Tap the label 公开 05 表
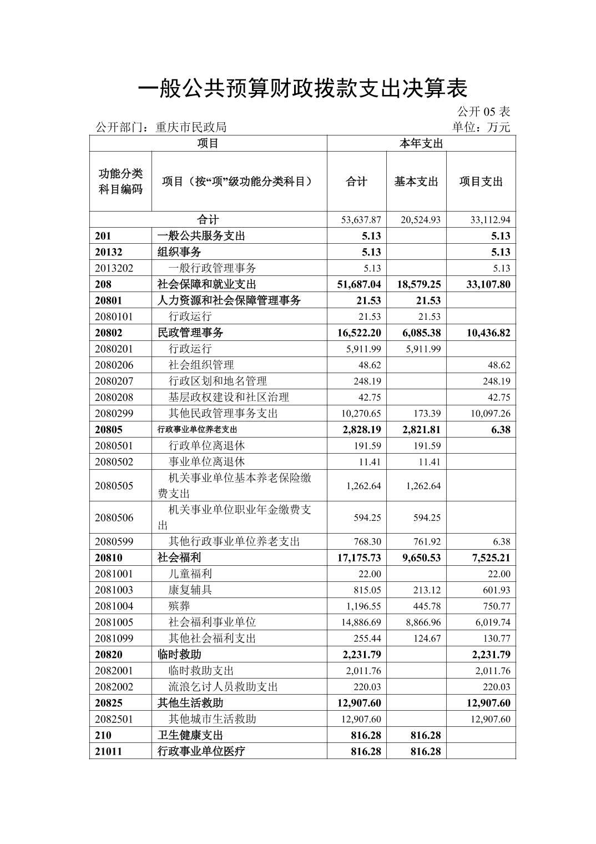pos(483,112)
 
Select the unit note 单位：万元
pos(481,127)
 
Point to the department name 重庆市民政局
pos(191,127)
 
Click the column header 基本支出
pos(416,182)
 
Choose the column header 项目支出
pos(481,182)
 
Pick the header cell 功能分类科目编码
pos(120,182)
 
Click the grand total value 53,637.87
pos(361,220)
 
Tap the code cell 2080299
pos(114,414)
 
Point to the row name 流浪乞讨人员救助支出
pos(223,687)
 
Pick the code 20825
pos(109,703)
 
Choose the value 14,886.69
pos(361,622)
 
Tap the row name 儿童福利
pos(190,574)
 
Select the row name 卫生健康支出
pos(190,735)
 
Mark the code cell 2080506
pos(114,518)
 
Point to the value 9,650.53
pos(420,558)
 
